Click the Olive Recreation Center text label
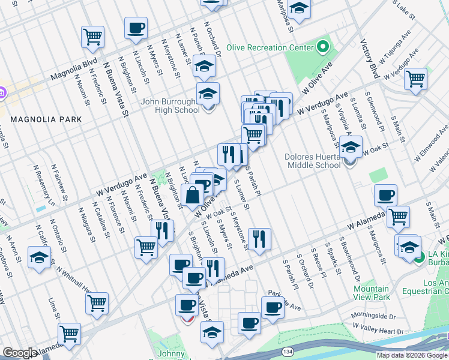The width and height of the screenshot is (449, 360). point(270,47)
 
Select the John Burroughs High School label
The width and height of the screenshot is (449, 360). point(170,106)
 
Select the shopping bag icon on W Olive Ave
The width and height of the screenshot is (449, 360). point(192,196)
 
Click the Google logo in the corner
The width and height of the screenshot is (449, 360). point(19,353)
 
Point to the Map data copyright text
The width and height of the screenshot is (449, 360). point(412,355)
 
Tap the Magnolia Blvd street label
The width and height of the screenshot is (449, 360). point(74,70)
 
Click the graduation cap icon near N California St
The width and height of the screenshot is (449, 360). point(39,258)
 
